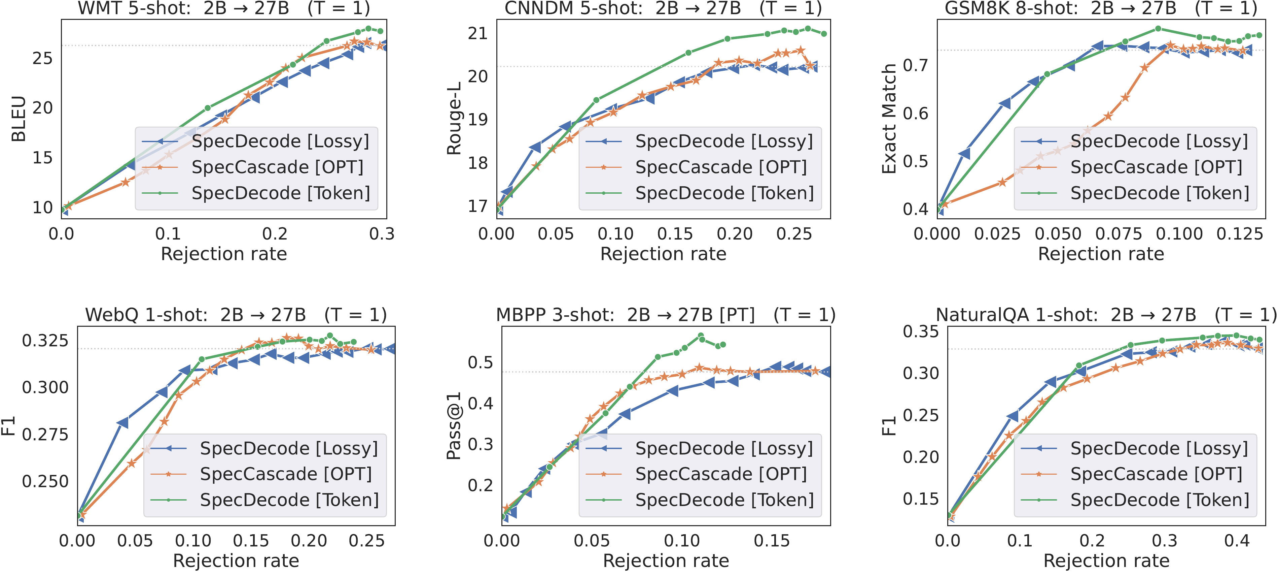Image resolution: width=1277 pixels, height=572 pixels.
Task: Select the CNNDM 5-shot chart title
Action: coord(663,8)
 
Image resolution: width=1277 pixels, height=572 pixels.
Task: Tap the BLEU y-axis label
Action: coord(19,119)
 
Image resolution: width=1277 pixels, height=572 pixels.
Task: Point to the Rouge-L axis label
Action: coord(454,119)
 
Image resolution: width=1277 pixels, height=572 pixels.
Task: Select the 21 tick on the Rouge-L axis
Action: coord(477,33)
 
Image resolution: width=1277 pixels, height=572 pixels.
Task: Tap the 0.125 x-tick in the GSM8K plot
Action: coord(1239,234)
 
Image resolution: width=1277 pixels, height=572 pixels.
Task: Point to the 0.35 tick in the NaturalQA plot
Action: coord(921,331)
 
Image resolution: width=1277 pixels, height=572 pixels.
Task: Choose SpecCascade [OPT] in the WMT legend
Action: coord(278,167)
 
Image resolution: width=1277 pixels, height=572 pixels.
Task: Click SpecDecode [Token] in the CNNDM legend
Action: coord(724,193)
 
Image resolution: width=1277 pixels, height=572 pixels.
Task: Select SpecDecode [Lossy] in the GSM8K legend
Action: coord(1159,141)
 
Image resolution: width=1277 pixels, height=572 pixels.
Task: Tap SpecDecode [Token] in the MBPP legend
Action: coord(724,500)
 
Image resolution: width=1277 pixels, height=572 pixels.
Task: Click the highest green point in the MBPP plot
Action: coord(701,336)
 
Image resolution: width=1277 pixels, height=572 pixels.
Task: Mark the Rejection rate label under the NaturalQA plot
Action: coord(1106,561)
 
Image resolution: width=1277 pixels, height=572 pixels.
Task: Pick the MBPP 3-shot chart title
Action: coord(665,315)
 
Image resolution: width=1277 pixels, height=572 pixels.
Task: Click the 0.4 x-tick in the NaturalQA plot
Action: coord(1237,540)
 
